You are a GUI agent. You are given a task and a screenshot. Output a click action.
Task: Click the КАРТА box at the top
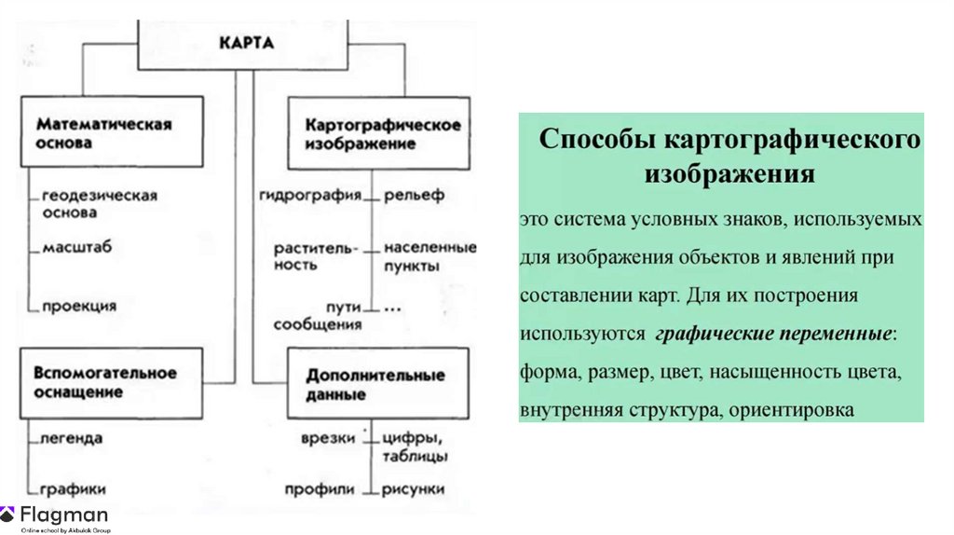point(247,44)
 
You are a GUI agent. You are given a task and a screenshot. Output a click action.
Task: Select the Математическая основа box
point(111,133)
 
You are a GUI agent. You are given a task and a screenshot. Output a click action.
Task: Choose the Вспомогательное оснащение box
point(111,381)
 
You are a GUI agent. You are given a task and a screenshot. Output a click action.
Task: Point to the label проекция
point(79,305)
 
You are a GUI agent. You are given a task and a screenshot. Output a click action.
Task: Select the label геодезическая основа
point(99,204)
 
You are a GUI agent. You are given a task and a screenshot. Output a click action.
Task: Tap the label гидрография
point(310,196)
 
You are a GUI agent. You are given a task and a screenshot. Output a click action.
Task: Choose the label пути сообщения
point(318,315)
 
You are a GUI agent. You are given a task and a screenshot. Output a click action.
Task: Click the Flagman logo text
point(64,514)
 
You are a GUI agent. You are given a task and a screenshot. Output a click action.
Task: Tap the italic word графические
point(708,333)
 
